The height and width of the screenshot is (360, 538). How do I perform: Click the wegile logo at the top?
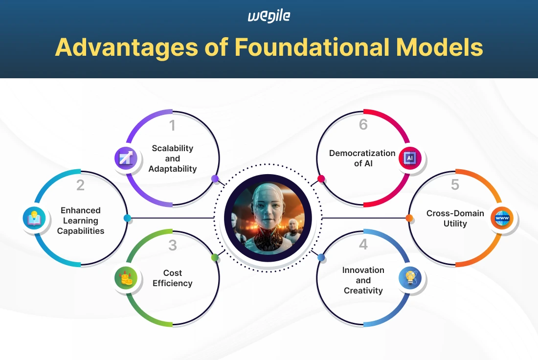[x=269, y=16]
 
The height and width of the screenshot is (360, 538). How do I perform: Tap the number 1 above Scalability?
[x=172, y=126]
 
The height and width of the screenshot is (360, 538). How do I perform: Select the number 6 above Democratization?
[x=363, y=125]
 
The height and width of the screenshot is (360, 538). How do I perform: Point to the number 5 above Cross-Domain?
[x=455, y=185]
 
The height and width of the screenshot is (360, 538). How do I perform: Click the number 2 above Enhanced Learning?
[x=80, y=185]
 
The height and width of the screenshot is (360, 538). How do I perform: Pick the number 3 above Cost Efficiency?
[x=172, y=245]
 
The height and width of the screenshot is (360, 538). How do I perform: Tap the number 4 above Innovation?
[x=363, y=245]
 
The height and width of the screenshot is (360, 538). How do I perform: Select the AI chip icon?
[x=410, y=157]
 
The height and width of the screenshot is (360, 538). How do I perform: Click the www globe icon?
[x=502, y=218]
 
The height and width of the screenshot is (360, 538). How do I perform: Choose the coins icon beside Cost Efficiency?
[x=125, y=278]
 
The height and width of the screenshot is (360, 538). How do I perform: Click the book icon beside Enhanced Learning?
[x=34, y=218]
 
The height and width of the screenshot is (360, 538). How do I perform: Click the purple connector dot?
[x=215, y=179]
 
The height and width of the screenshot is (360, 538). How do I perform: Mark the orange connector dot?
[x=409, y=218]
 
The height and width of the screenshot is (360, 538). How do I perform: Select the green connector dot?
[x=215, y=257]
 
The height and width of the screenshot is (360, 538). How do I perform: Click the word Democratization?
[x=362, y=153]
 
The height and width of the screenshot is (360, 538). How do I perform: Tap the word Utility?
[x=455, y=224]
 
